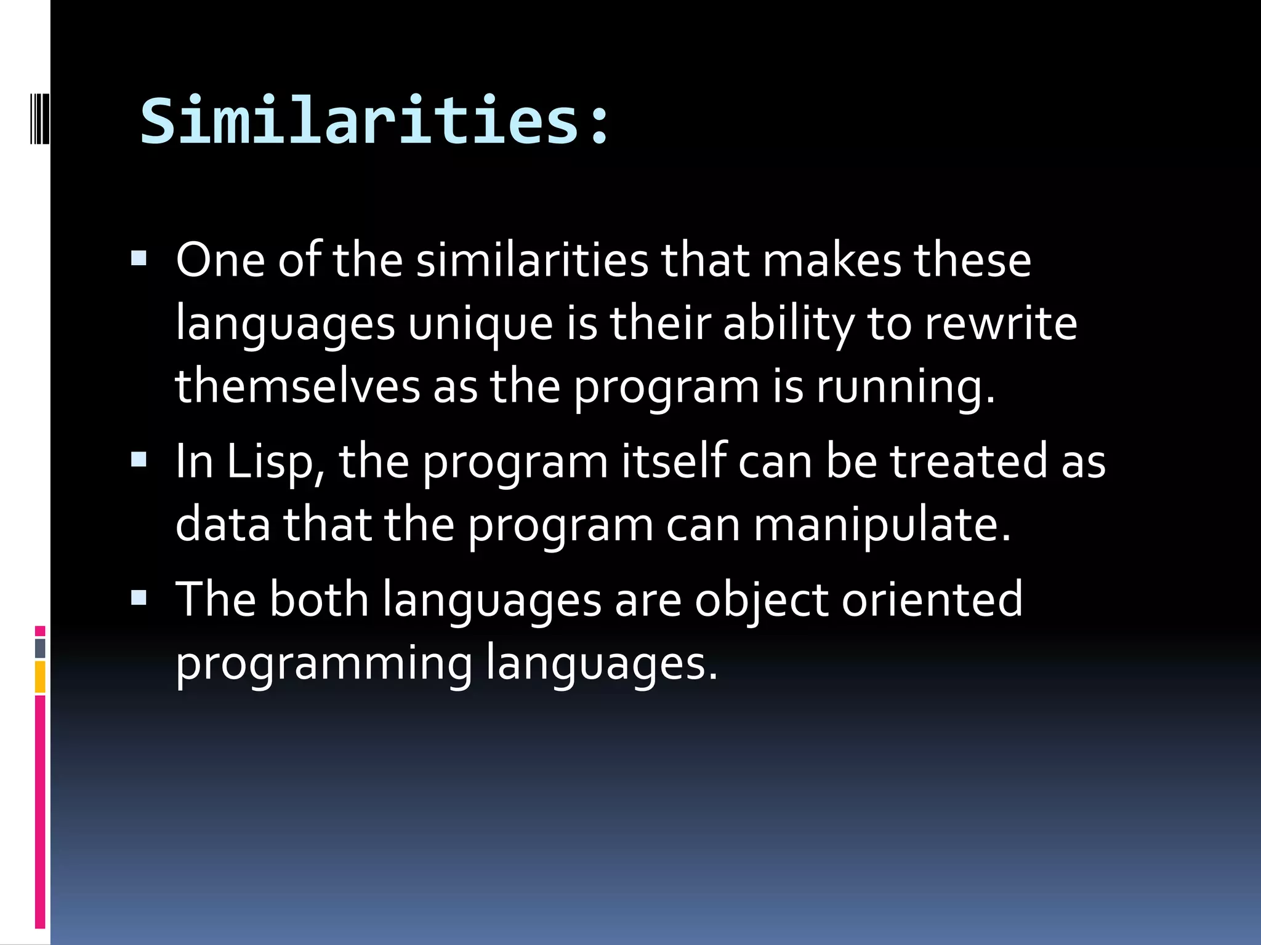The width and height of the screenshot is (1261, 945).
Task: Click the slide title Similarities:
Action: (x=374, y=121)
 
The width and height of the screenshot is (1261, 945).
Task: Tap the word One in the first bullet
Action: (x=220, y=260)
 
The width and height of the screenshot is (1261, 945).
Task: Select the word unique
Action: (x=480, y=324)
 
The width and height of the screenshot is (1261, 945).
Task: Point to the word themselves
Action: (x=297, y=387)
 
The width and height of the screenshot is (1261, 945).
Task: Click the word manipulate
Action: (x=882, y=526)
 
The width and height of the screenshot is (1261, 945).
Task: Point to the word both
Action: (x=318, y=599)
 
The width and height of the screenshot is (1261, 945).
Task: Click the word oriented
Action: (x=932, y=599)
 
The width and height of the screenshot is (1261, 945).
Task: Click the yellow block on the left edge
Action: (x=40, y=677)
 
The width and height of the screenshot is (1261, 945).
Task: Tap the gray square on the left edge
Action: (x=40, y=648)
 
